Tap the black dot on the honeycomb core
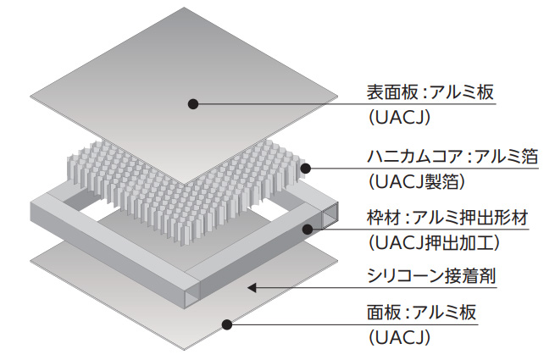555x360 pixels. [305, 166]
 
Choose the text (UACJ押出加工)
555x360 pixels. [432, 243]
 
